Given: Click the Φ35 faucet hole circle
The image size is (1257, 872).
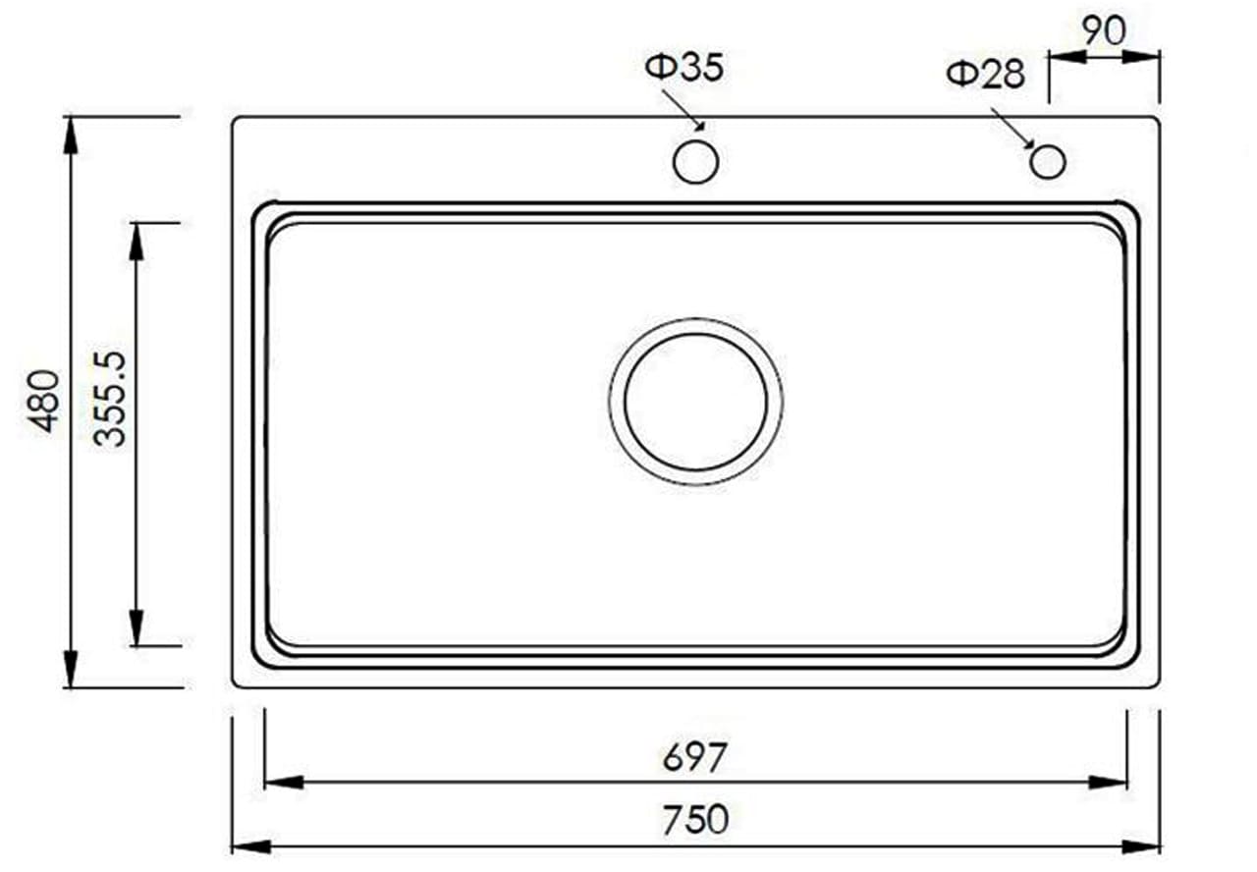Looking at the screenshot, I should pyautogui.click(x=696, y=161).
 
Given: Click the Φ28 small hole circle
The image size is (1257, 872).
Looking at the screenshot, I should pyautogui.click(x=1048, y=161).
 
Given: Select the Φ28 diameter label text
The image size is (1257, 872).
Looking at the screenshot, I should pyautogui.click(x=985, y=74).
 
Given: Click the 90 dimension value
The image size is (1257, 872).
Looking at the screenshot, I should pyautogui.click(x=1105, y=30).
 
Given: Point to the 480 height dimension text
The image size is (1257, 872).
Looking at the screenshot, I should pyautogui.click(x=44, y=400).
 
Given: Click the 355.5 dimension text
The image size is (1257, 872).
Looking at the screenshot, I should pyautogui.click(x=111, y=400).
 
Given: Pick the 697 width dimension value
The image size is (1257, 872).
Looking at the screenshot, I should pyautogui.click(x=695, y=757).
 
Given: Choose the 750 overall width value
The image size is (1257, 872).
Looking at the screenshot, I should pyautogui.click(x=695, y=817).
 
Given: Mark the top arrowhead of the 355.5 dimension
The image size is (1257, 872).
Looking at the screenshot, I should pyautogui.click(x=137, y=242).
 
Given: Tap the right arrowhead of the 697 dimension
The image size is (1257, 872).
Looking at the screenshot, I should pyautogui.click(x=1108, y=782).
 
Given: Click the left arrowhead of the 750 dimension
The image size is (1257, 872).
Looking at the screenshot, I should pyautogui.click(x=250, y=845).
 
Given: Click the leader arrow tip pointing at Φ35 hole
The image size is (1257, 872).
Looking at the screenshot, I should pyautogui.click(x=701, y=126).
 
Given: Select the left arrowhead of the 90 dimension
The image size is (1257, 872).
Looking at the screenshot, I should pyautogui.click(x=1068, y=56).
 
